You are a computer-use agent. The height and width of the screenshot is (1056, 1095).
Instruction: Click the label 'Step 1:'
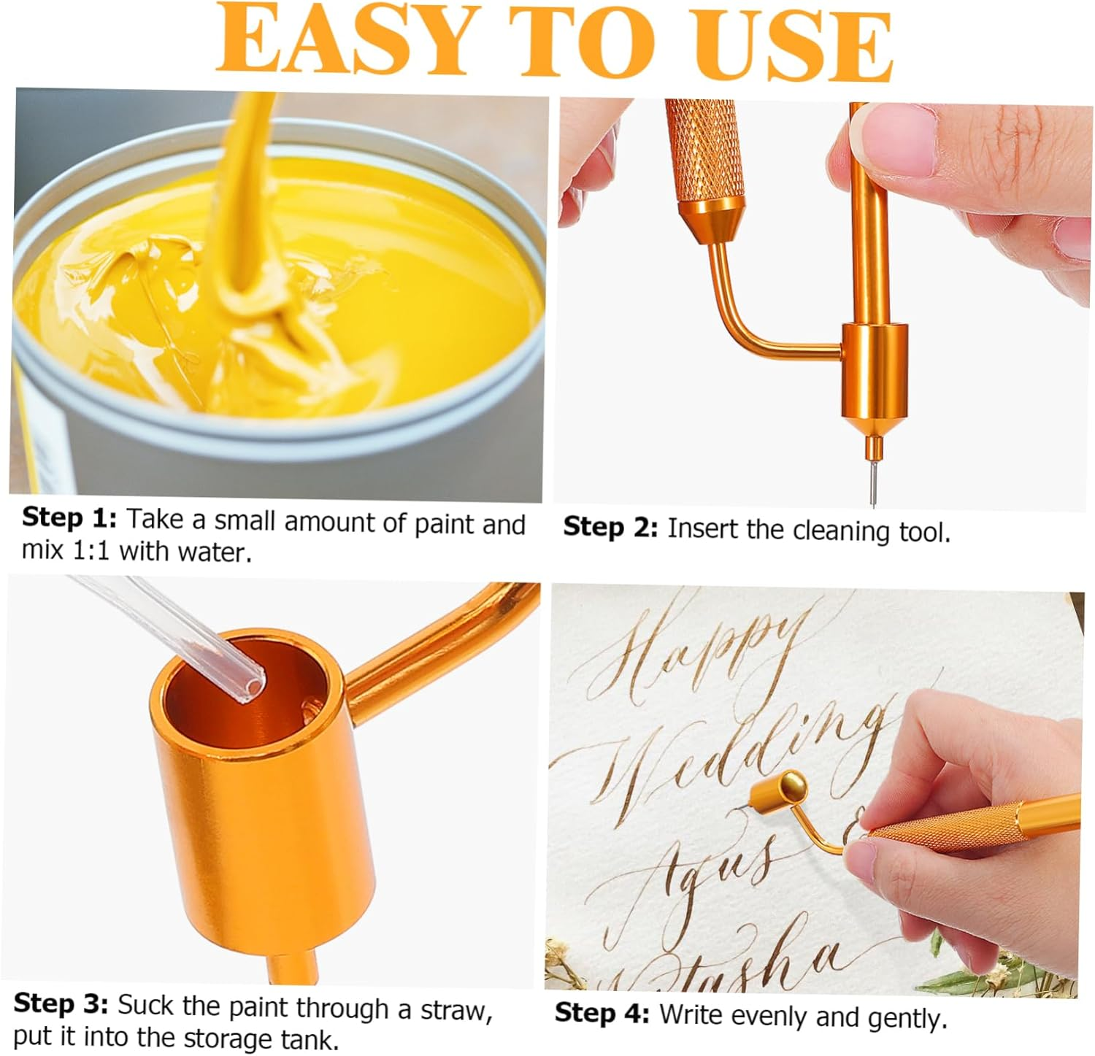pos(69,518)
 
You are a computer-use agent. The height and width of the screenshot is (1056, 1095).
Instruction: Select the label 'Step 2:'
pos(610,527)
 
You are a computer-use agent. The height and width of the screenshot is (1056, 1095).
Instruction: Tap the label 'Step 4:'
pos(602,1013)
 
